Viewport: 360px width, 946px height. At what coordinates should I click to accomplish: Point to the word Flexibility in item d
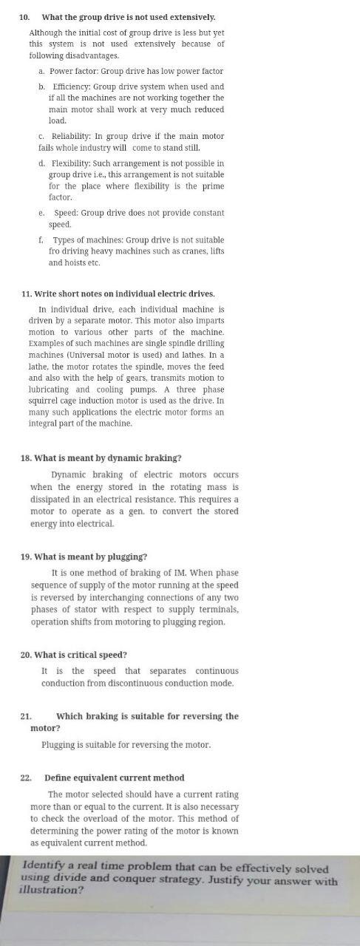(x=70, y=163)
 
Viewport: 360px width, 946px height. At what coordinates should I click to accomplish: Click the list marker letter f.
(x=41, y=240)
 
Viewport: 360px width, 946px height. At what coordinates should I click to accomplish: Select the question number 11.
(x=27, y=293)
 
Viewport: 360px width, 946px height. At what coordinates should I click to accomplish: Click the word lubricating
(x=49, y=389)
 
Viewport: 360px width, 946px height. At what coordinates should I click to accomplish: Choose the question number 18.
(x=26, y=458)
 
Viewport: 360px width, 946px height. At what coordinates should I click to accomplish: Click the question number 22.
(x=26, y=777)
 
